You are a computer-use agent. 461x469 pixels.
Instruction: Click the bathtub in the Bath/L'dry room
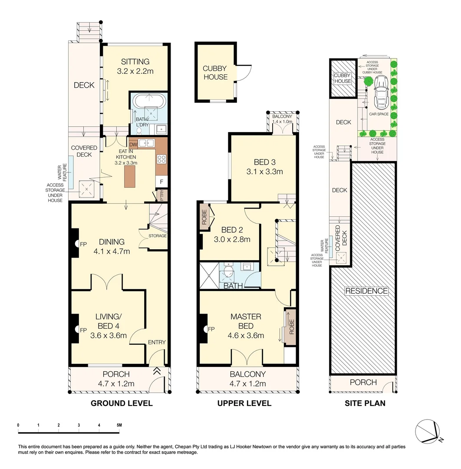(x=148, y=101)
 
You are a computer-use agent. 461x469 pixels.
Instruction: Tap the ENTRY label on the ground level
(x=157, y=342)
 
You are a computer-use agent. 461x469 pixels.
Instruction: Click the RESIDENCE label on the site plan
(x=366, y=291)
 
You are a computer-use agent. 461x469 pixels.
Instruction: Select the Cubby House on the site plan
(x=342, y=79)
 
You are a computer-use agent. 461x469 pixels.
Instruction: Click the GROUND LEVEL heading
(x=121, y=403)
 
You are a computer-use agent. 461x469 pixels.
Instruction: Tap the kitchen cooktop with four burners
(x=161, y=159)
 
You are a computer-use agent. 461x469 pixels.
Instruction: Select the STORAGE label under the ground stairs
(x=158, y=236)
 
